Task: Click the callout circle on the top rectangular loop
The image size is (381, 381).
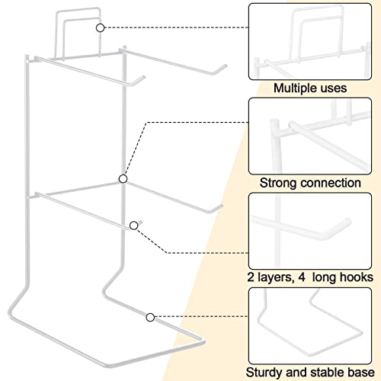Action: point(101,28)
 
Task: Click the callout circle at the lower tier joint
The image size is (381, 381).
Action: point(123,179)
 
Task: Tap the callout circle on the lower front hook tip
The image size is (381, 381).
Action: point(134,226)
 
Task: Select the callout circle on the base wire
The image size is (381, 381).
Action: point(150,317)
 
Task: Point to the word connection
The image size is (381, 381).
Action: point(329,183)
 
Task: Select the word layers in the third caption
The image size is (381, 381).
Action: point(275,277)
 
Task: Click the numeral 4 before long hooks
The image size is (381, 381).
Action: point(302,277)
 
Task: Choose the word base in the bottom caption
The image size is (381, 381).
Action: point(360,373)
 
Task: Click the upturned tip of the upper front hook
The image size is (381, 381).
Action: point(142,77)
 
